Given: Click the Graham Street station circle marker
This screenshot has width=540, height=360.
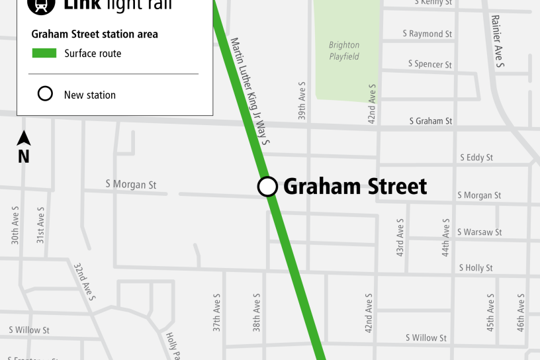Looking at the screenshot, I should pos(267,187).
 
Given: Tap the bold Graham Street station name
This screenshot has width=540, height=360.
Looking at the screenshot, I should pos(355,187).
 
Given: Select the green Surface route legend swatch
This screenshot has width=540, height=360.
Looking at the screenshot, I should pos(44,54).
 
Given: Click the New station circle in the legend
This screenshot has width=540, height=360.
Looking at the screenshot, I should pos(45,94).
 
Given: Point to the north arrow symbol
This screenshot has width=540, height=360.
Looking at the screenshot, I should pos(24,138).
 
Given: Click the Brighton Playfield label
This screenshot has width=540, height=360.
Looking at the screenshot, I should pos(344,51).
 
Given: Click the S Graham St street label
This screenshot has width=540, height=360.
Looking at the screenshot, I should pos(431,121).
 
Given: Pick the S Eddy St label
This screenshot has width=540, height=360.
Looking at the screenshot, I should pos(476,157).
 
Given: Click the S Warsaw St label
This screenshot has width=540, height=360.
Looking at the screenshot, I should pos(480,232).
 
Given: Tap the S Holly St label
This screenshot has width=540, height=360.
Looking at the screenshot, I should pos(476,268).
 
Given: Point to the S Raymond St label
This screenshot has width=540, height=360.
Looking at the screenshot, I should pos(427,34).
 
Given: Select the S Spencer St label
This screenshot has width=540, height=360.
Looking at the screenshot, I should pos(429,64).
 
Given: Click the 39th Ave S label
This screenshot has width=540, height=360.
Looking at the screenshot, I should pos(302,102).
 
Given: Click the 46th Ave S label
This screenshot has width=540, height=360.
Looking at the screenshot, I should pos(521,312).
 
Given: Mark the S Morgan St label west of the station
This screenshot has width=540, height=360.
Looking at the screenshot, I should pos(131,184).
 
